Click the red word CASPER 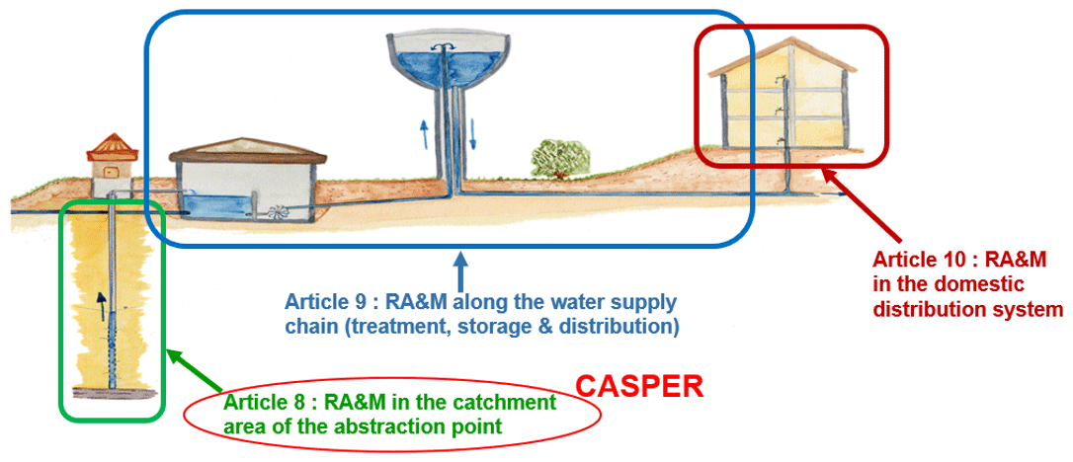[x=639, y=386]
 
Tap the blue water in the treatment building [x=216, y=206]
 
